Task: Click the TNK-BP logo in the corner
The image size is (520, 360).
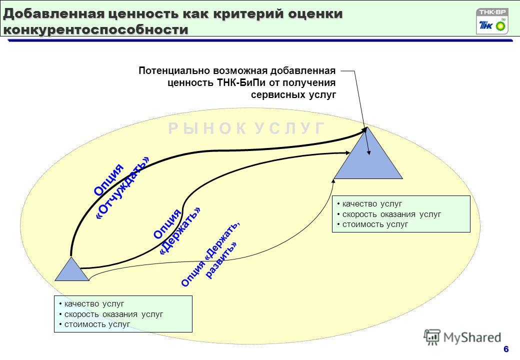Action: pos(492,21)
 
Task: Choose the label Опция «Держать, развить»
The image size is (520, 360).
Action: pos(210,254)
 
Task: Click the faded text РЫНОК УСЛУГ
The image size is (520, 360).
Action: pos(246,128)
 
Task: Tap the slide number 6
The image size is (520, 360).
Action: pos(506,349)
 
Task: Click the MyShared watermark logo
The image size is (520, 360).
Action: pos(462,337)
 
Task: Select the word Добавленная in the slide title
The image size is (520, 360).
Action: pos(53,14)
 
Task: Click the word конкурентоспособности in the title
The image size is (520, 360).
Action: pos(96,29)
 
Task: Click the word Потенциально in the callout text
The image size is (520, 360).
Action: pos(174,70)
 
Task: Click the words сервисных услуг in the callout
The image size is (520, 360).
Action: pos(293,95)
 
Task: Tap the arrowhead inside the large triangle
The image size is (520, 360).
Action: pos(368,152)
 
